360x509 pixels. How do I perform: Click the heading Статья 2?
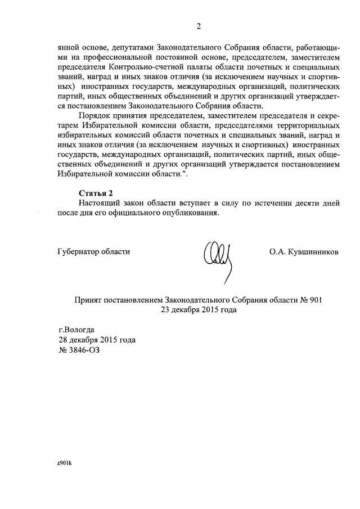(x=96, y=192)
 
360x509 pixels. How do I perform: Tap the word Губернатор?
(x=77, y=251)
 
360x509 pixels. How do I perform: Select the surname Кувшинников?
(x=314, y=251)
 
